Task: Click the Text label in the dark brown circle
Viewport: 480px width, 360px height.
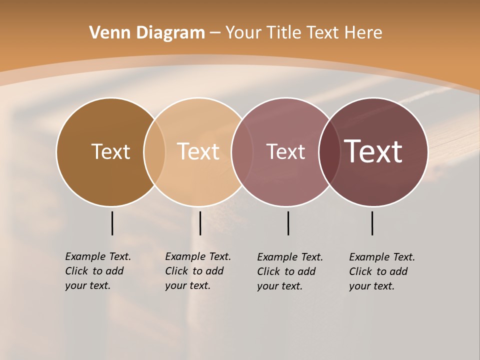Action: click(x=110, y=151)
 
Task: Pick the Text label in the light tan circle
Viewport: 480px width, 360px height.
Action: click(x=198, y=151)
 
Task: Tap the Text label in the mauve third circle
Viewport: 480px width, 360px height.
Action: click(x=285, y=151)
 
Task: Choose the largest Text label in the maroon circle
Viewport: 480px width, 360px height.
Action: click(x=373, y=151)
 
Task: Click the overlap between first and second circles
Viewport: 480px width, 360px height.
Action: click(x=154, y=151)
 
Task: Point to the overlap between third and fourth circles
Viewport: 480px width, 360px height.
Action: click(x=329, y=151)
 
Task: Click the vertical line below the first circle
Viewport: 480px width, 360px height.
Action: click(x=112, y=223)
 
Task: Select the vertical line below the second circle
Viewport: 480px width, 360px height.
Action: click(x=200, y=223)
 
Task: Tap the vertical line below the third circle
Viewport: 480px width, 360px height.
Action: click(x=288, y=223)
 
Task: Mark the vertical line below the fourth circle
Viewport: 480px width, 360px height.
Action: click(x=372, y=223)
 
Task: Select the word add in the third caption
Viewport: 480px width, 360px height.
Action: click(x=306, y=271)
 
